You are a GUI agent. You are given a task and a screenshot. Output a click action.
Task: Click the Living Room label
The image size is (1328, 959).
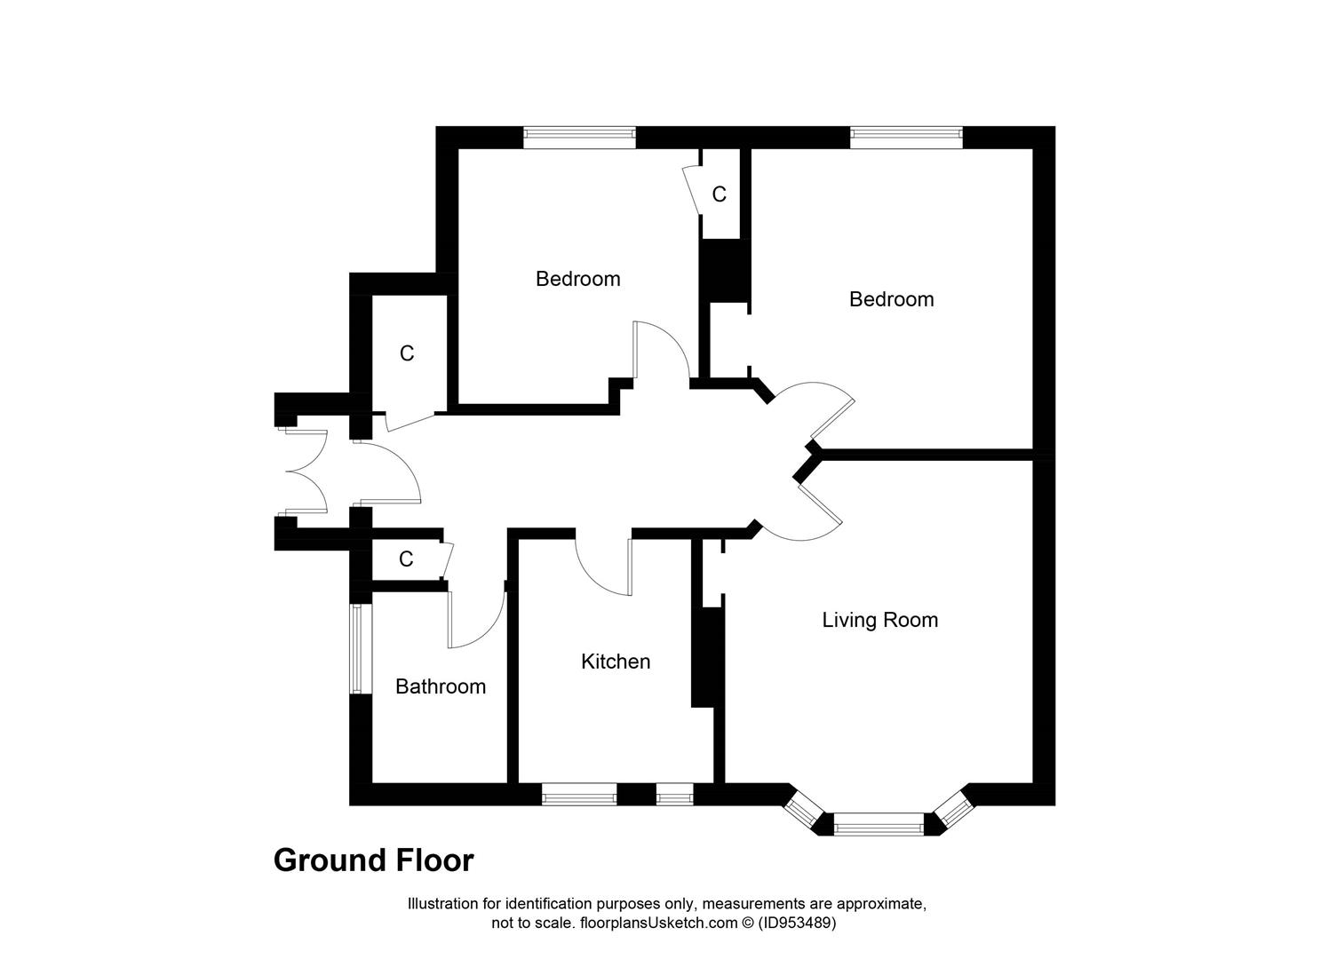tap(879, 620)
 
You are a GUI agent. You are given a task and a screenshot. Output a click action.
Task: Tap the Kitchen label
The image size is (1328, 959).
tap(615, 662)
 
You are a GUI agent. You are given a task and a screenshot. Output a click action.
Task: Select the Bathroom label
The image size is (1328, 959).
tap(440, 686)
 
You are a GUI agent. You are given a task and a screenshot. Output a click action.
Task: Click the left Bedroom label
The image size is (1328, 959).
tap(577, 279)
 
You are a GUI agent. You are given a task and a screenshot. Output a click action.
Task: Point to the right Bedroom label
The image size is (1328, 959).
tap(891, 299)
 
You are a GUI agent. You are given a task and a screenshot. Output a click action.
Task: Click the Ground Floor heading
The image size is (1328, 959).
tap(373, 860)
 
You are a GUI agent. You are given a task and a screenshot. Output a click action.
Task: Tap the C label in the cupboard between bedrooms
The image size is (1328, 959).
tap(719, 194)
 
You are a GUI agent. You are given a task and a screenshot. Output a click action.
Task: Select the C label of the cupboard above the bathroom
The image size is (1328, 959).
tap(406, 559)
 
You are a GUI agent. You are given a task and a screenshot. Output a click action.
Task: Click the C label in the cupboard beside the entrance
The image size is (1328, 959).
tap(407, 353)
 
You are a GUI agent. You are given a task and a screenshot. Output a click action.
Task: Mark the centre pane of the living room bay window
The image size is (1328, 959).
tap(878, 826)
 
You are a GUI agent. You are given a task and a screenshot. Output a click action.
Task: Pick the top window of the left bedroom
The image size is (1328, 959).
tap(579, 137)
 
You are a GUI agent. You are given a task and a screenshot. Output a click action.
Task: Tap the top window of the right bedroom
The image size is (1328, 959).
tap(906, 137)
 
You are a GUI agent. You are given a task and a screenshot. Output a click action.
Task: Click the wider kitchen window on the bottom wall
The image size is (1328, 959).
tap(579, 795)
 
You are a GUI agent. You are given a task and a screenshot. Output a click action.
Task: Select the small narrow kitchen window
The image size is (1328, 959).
tap(674, 795)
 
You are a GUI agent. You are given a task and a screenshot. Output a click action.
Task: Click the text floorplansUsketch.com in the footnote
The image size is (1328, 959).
tap(658, 923)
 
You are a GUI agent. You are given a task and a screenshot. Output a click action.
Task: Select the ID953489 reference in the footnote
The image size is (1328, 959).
tap(797, 923)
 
